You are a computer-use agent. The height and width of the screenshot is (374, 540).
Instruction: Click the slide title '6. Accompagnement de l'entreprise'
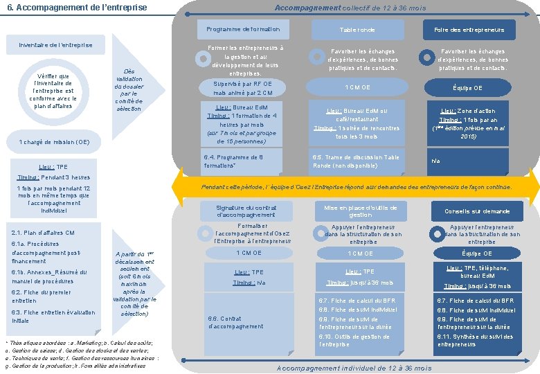click(76, 8)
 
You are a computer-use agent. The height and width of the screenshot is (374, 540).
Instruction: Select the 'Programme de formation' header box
click(243, 29)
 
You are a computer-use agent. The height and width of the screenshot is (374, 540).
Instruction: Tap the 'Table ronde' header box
click(357, 30)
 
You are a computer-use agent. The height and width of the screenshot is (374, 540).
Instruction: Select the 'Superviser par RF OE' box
click(243, 88)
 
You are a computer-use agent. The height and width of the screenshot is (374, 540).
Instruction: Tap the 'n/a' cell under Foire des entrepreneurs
click(435, 161)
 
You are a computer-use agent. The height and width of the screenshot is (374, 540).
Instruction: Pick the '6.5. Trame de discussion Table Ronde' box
click(357, 161)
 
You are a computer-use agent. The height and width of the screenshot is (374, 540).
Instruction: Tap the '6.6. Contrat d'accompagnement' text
click(235, 322)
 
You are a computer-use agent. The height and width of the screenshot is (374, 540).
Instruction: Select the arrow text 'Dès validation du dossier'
click(129, 90)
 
